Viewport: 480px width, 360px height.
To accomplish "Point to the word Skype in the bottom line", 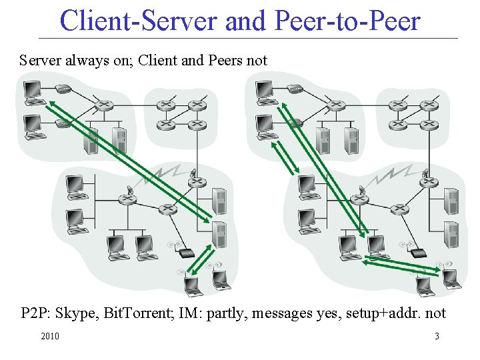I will coord(75,313).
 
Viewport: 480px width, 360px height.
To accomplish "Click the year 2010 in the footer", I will coord(50,336).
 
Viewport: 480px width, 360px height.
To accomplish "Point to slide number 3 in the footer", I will coord(437,336).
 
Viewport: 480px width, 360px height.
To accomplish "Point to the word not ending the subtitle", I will coord(257,61).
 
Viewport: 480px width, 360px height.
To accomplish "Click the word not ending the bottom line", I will coord(435,313).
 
